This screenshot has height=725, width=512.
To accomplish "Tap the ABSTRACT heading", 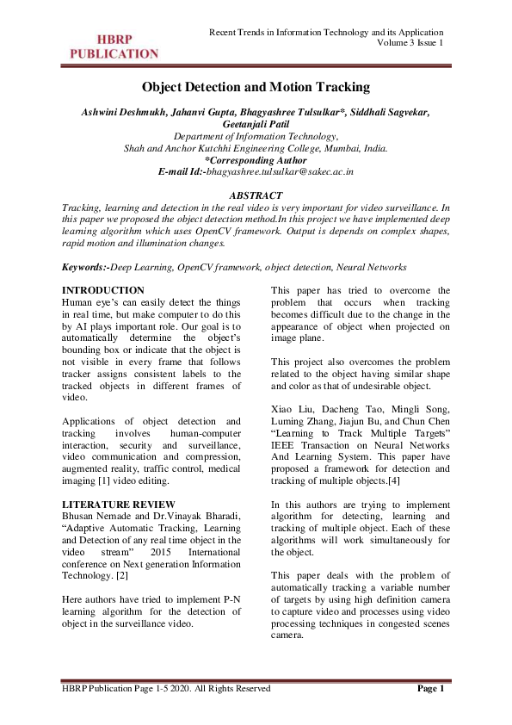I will [256, 196].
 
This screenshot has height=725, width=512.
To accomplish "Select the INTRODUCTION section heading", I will [104, 290].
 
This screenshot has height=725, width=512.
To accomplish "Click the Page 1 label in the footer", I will [429, 689].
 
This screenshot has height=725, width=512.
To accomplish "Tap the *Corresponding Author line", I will [256, 160].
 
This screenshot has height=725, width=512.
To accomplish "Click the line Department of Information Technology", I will [256, 136].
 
